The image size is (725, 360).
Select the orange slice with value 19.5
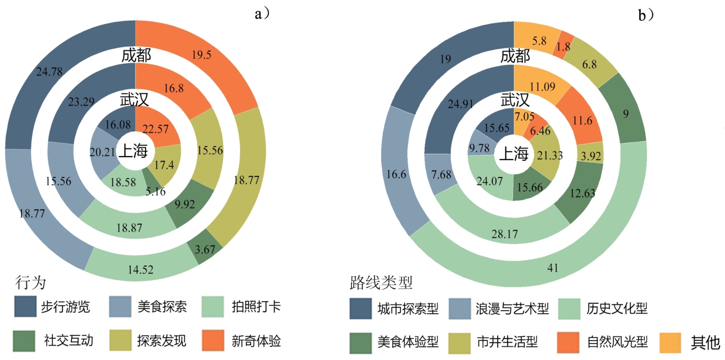(204, 55)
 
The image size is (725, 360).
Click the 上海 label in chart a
(133, 151)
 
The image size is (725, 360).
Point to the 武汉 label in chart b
(515, 100)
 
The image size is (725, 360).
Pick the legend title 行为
(30, 283)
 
